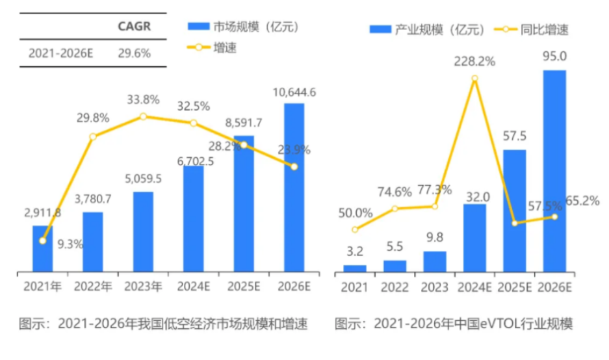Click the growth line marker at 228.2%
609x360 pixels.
475,79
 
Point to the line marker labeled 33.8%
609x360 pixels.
143,116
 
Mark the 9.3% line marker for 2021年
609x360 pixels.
43,240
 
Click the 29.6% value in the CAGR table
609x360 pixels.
134,53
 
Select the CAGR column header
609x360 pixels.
134,26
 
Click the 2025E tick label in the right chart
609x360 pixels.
514,287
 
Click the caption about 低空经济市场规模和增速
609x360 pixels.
162,324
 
